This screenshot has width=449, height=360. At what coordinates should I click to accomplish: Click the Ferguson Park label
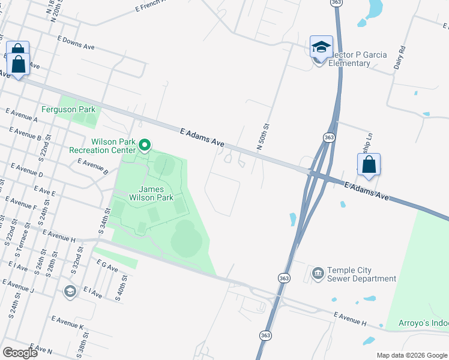pos(68,110)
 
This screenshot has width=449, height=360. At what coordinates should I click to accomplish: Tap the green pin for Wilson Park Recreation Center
pos(144,145)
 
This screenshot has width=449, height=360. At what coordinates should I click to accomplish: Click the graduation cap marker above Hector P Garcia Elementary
pos(321,47)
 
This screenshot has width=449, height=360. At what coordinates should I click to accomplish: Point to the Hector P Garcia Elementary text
pos(351,59)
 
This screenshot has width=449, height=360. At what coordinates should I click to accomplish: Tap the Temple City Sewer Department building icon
pos(317,274)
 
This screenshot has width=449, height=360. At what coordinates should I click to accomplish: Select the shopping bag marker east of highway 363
pos(369,164)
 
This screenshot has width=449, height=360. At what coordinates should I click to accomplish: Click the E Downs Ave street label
pos(76,43)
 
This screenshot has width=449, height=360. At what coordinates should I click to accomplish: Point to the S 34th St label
pos(103,221)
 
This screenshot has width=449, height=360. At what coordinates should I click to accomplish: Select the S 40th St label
pos(123,287)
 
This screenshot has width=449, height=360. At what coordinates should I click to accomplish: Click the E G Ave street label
pos(107,265)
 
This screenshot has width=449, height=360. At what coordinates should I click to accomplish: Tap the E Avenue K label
pos(67,322)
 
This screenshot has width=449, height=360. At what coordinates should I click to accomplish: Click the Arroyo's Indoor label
pos(423,323)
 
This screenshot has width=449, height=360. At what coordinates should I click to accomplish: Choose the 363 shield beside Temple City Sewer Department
pos(284,278)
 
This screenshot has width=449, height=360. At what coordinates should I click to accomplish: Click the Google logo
pos(20,353)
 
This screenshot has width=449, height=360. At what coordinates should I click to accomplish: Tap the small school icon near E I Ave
pos(70,292)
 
